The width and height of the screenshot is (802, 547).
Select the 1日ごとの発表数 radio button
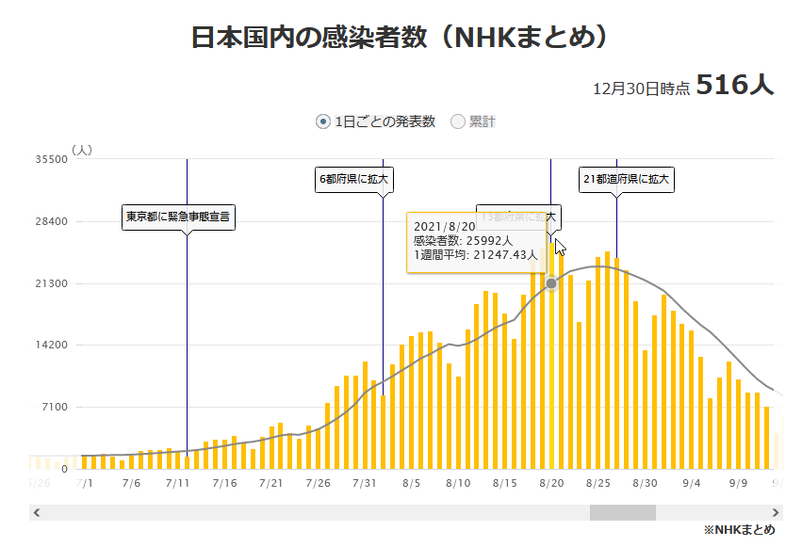(323, 121)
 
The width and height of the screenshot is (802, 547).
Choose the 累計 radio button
(459, 121)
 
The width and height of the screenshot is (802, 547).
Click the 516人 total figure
(735, 86)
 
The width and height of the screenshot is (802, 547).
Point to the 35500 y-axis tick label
(51, 160)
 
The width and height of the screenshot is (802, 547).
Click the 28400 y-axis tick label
(51, 222)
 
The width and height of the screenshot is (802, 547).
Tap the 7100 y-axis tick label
(54, 407)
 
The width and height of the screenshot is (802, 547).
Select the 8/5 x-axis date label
(411, 483)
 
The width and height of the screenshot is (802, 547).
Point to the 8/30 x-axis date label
(644, 483)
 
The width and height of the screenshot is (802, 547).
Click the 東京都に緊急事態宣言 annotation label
(179, 217)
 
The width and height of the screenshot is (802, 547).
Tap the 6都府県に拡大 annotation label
(353, 179)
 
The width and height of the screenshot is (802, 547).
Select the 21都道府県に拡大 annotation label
(627, 179)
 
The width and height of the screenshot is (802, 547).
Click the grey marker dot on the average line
(551, 283)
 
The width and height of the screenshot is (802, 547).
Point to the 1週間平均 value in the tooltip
(476, 254)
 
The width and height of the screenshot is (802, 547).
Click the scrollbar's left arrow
(37, 513)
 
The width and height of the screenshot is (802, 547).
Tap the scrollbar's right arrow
(776, 513)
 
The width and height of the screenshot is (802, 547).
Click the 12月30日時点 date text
(642, 88)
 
